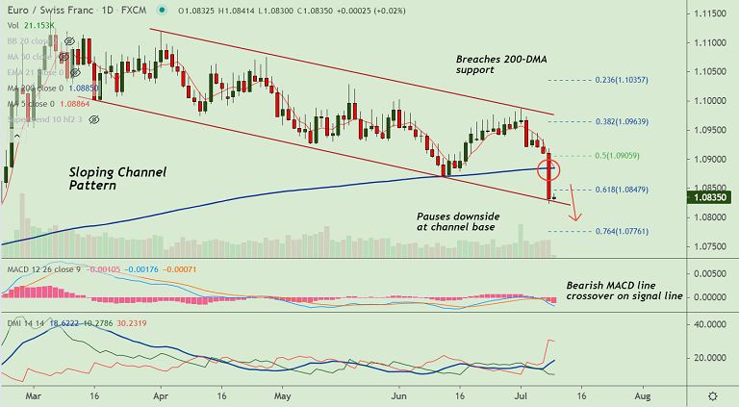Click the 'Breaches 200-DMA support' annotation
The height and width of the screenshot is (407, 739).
pos(501,64)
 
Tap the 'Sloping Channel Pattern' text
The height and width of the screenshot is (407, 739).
pos(117,179)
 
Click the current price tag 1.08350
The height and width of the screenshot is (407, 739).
pos(711,197)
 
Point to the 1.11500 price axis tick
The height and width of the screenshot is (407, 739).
pos(711,13)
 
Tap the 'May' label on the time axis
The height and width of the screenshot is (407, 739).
pos(282,395)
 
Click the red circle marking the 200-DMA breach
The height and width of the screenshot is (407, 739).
pos(549,170)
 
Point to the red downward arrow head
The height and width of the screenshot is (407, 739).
pos(574,217)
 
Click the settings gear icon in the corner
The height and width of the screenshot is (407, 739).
pos(712,395)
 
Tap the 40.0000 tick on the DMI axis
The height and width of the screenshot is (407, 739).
pos(711,325)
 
